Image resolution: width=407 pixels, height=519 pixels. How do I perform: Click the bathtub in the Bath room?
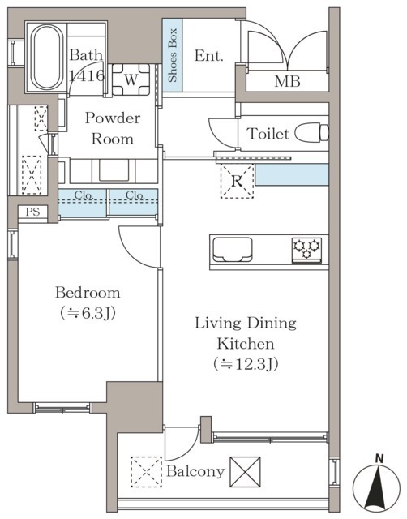point(47,58)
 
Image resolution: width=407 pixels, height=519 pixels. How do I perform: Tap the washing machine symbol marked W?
point(131,79)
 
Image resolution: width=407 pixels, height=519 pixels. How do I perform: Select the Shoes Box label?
point(172,55)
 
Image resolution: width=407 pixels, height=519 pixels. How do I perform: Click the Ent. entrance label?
point(209,56)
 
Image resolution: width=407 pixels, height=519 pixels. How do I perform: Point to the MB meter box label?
point(287,81)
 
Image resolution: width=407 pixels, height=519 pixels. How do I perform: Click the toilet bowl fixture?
point(311,133)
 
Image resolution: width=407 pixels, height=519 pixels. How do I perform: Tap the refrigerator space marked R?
point(237,181)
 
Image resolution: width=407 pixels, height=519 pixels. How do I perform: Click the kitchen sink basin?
point(233,250)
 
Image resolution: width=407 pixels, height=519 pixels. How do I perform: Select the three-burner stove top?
point(306,251)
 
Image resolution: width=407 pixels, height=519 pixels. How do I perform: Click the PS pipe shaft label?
point(32,212)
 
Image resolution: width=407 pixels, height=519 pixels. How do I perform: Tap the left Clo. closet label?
point(84,195)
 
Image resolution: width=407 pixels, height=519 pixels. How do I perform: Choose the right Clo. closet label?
point(135,195)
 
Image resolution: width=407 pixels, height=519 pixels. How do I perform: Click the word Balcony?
point(195,471)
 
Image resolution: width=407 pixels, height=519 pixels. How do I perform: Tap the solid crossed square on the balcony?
point(245,472)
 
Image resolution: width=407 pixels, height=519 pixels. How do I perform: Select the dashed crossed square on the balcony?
point(146,472)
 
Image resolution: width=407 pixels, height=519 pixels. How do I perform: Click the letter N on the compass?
point(379,459)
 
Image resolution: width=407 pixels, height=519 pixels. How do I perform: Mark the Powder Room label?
point(113,128)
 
